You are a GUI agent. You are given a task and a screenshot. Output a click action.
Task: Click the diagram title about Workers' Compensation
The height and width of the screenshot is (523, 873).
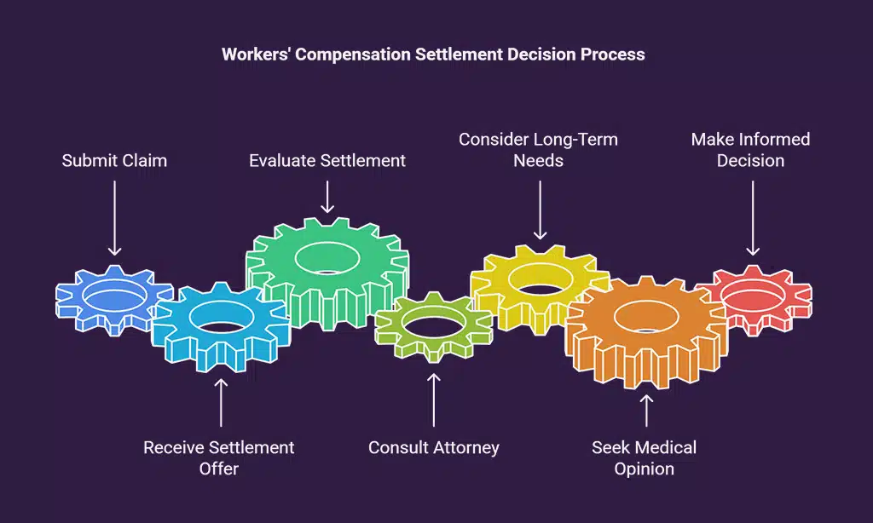tap(433, 55)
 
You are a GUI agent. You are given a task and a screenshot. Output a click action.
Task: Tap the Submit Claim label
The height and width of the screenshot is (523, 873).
tap(114, 160)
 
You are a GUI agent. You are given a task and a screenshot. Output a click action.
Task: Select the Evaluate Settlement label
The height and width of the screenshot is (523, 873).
tap(327, 160)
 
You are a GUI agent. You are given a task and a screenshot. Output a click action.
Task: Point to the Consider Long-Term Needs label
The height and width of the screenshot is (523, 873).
tap(539, 149)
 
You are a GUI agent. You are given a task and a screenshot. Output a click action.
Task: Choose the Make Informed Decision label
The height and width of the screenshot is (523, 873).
tap(750, 149)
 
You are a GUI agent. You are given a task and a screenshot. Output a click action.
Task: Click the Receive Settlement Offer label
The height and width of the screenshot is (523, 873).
tap(219, 457)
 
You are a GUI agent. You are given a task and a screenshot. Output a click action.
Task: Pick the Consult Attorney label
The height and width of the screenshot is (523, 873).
tap(434, 447)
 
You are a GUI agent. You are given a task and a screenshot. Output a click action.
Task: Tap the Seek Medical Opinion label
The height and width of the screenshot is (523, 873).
tap(645, 457)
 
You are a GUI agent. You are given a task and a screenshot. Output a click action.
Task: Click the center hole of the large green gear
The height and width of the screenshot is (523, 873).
tap(327, 256)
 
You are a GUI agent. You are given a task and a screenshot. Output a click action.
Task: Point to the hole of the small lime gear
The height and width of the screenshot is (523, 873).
tap(433, 321)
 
